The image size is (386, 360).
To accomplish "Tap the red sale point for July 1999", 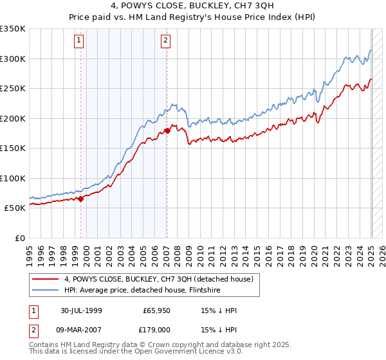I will click(81, 199).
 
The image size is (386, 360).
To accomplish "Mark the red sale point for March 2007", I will click(167, 130).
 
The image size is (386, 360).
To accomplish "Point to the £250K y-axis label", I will click(13, 89).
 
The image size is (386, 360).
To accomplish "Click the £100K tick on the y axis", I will click(13, 178).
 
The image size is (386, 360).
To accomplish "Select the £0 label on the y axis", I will click(21, 238).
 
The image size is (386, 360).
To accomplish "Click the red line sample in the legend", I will click(46, 279).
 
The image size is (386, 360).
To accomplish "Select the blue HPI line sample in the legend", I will click(46, 290).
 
